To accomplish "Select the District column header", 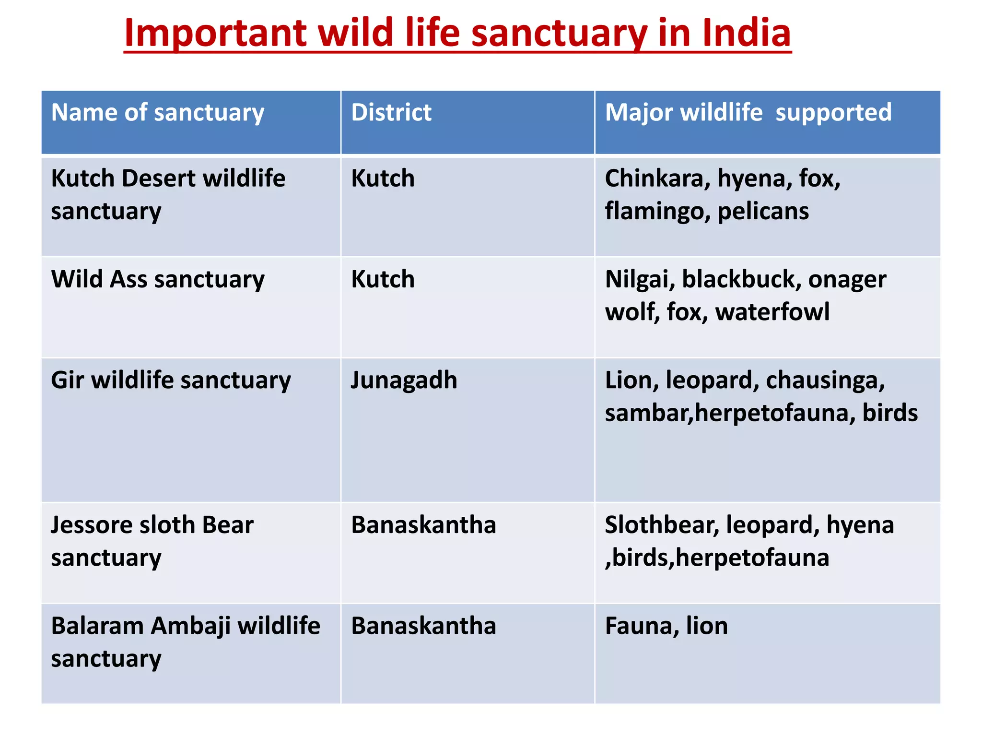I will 391,112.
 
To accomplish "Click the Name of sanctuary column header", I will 158,113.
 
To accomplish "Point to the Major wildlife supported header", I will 748,112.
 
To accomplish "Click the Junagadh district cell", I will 404,380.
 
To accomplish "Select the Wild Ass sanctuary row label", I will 158,279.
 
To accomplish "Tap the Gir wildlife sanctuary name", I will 171,380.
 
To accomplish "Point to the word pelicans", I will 763,211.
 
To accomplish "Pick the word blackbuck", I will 741,279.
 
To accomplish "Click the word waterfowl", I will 772,312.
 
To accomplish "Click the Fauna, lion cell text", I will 666,626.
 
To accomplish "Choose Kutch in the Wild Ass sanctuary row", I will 383,279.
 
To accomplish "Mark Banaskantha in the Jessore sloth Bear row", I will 423,525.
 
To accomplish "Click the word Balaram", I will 97,626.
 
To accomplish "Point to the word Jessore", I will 91,525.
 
